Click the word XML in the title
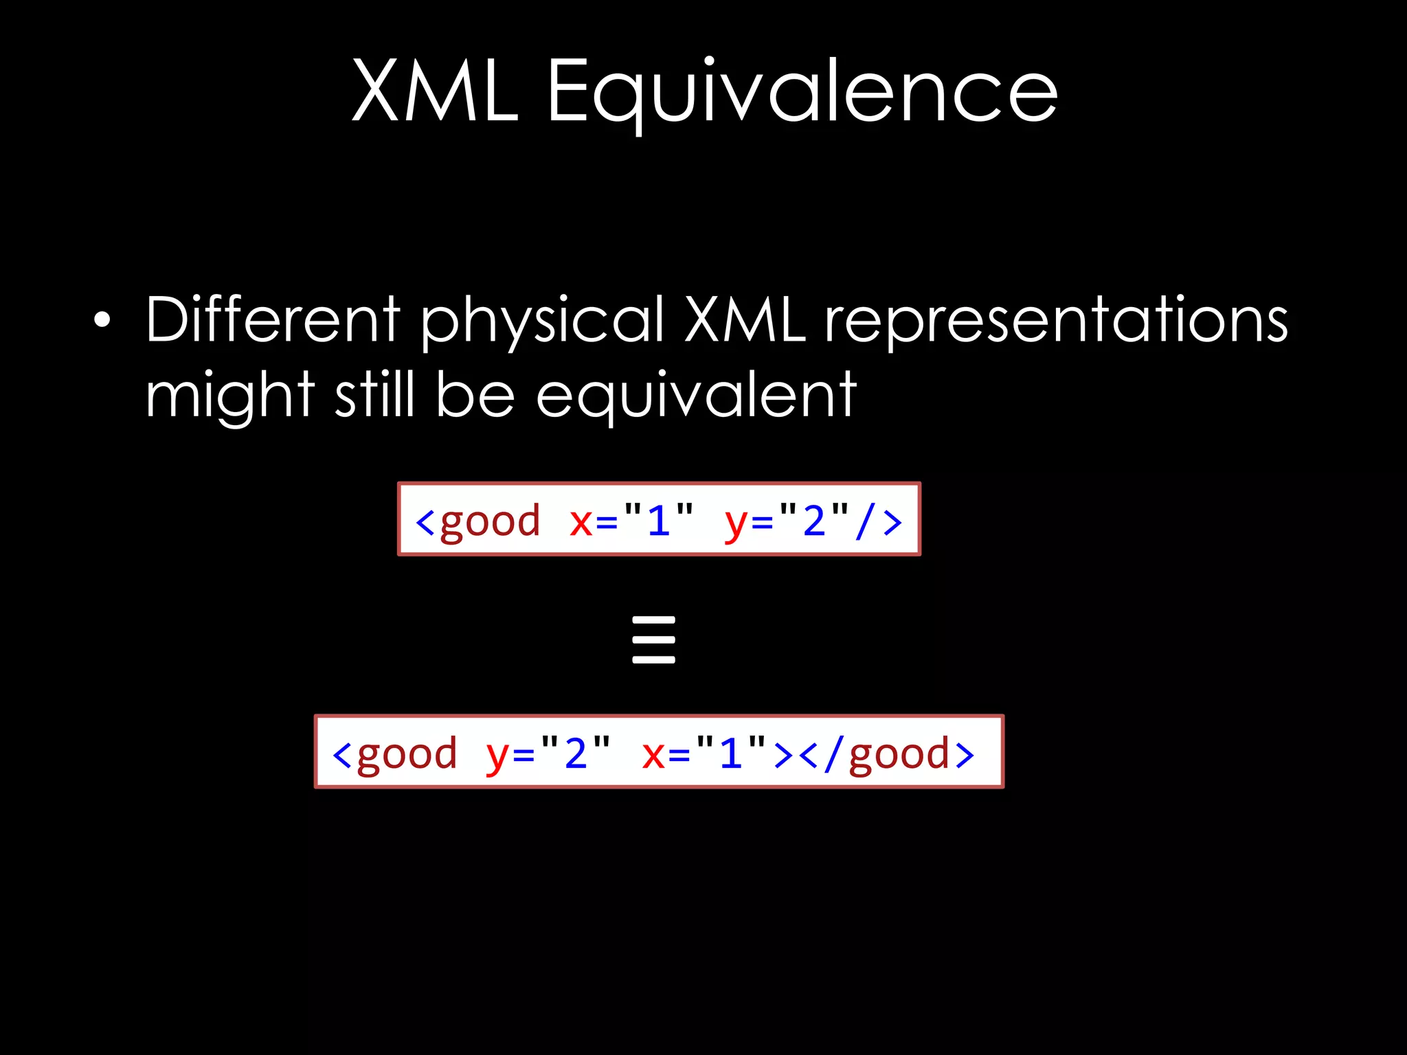(434, 91)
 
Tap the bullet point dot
(102, 320)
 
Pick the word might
(229, 397)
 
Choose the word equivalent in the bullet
(696, 397)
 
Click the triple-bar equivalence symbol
(653, 639)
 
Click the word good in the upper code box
(490, 521)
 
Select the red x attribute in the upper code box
(581, 521)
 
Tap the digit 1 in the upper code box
(659, 520)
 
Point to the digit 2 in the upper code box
(814, 520)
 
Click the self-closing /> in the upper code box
(879, 521)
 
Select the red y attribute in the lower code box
(496, 754)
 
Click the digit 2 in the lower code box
(576, 753)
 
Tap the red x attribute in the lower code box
(653, 754)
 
